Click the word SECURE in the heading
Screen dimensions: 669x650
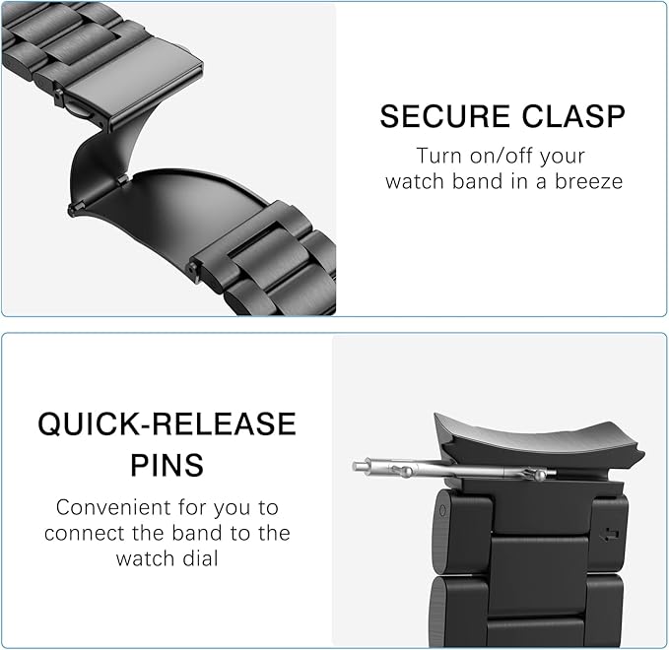[445, 116]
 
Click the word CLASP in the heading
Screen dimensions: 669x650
[573, 116]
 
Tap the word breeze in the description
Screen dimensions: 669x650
[588, 181]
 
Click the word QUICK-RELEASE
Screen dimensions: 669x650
[167, 423]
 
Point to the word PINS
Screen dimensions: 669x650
[167, 465]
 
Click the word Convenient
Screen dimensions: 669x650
[113, 507]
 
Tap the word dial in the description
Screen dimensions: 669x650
[200, 558]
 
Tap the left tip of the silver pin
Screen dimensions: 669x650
[354, 466]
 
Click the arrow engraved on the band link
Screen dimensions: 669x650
[609, 534]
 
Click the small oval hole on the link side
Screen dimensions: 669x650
[442, 510]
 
